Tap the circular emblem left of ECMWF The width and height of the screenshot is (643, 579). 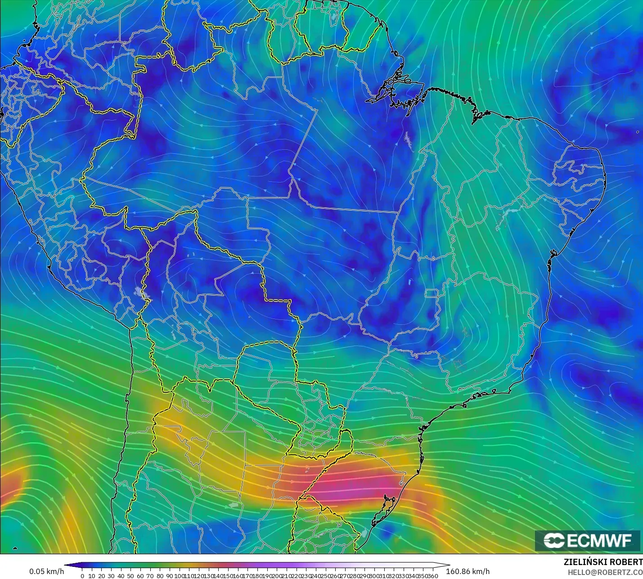tap(554, 540)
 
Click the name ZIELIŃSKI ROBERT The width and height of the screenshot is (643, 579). tap(603, 562)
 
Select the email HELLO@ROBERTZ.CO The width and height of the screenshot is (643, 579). tap(605, 572)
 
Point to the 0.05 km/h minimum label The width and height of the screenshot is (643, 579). tap(47, 571)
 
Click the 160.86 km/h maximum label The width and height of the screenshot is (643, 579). tap(468, 571)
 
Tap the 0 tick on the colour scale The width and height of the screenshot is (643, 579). tap(82, 576)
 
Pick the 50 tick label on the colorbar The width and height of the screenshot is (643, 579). tap(130, 576)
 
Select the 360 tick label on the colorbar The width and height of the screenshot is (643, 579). tap(433, 576)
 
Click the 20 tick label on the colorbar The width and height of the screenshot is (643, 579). tap(101, 576)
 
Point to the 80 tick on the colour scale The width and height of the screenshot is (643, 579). tap(160, 576)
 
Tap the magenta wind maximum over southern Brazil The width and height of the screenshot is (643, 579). tap(355, 486)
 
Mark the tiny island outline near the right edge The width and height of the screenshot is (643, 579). tap(638, 132)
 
